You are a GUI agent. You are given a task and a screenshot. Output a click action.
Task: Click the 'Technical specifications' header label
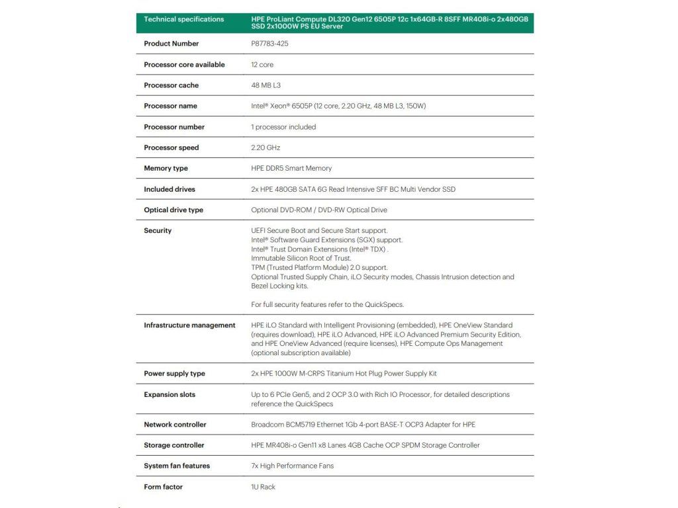(x=184, y=19)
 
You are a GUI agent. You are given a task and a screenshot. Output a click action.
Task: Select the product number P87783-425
(x=269, y=44)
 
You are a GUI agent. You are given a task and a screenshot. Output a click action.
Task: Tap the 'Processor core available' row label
(x=184, y=65)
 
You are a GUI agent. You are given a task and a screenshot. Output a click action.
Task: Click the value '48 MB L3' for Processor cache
(x=267, y=85)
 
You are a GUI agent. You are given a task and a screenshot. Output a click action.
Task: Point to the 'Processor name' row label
(x=170, y=106)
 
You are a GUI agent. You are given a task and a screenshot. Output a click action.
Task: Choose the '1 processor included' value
(x=283, y=127)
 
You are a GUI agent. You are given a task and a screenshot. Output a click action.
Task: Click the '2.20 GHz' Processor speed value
(x=266, y=148)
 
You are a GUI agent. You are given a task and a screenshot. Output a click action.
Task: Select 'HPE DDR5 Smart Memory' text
(x=291, y=168)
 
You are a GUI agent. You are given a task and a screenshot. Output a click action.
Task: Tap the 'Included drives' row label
(x=169, y=189)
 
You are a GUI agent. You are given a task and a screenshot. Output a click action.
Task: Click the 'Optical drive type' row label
(x=173, y=210)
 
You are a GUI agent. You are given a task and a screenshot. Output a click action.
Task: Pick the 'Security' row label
(x=158, y=231)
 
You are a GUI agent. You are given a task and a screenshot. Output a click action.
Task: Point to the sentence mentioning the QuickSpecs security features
(x=328, y=305)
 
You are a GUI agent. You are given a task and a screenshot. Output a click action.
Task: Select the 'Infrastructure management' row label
(x=189, y=325)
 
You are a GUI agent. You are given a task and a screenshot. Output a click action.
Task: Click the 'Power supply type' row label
(x=174, y=374)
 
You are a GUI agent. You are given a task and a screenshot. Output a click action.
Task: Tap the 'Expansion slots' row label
(x=169, y=395)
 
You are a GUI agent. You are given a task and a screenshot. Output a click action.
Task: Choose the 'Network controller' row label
(x=175, y=425)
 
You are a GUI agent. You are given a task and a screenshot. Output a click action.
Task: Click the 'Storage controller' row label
(x=174, y=445)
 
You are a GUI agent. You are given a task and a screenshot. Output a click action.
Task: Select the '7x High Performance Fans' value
(x=292, y=466)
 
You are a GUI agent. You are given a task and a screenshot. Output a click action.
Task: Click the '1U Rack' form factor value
(x=263, y=487)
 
